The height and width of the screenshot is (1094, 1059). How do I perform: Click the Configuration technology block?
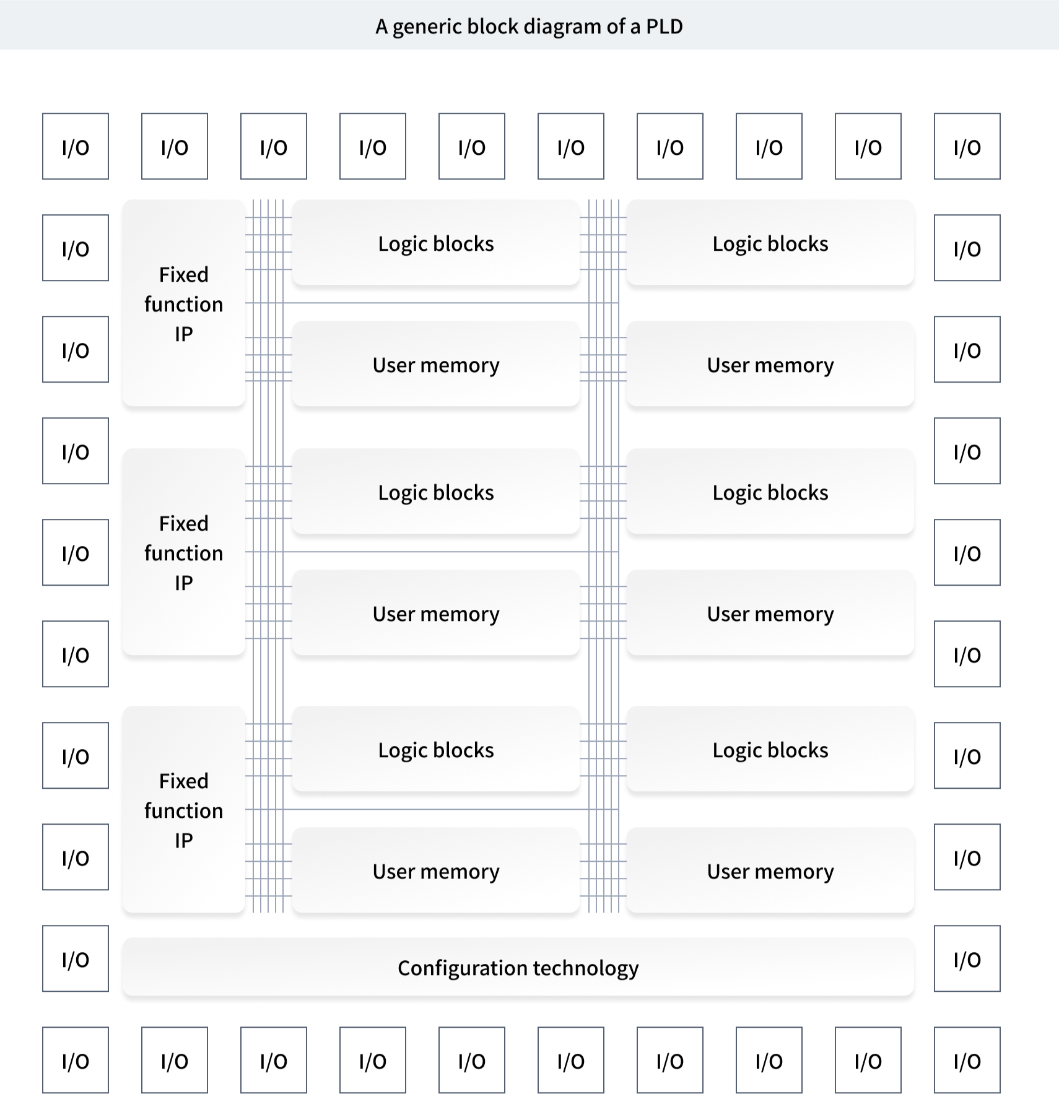coord(518,966)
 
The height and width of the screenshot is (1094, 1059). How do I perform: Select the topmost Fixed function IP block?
coord(184,303)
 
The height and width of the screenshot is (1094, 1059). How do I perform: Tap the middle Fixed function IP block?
coord(184,552)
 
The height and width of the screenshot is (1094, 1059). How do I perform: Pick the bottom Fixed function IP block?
coord(184,810)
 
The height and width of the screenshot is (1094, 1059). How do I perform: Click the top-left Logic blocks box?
coord(436,243)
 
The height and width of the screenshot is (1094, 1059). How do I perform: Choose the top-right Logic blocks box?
coord(770,243)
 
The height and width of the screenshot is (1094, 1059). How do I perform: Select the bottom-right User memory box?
coord(770,870)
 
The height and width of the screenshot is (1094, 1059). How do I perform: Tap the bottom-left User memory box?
coord(436,870)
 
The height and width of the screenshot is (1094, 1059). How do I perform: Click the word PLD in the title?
coord(664,27)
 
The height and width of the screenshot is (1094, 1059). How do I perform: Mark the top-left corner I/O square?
coord(76,146)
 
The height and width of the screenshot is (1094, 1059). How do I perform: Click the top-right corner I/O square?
coord(967,146)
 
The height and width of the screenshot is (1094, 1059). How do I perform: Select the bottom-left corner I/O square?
coord(76,1059)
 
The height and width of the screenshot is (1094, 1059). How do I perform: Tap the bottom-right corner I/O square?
coord(967,1059)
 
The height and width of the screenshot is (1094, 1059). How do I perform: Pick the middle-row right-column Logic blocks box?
coord(770,492)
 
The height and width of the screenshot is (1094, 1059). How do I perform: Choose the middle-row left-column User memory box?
coord(436,614)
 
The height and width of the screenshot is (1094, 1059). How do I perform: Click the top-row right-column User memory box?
coord(770,365)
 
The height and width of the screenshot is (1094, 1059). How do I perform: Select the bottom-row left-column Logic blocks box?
coord(436,750)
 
